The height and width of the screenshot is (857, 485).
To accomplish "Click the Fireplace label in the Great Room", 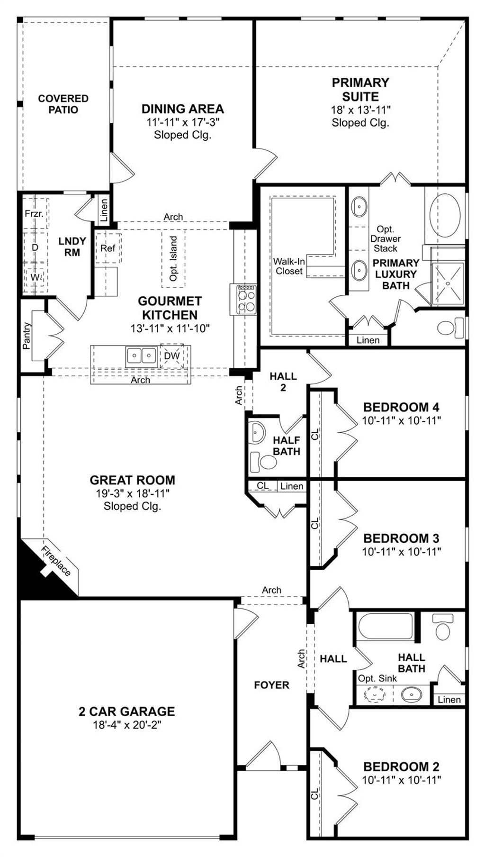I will point(56,561).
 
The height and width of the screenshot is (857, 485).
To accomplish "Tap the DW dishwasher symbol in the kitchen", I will point(172,356).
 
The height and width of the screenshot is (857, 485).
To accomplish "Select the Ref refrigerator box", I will point(108,248).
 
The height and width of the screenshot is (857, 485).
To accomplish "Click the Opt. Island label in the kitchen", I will point(173,259).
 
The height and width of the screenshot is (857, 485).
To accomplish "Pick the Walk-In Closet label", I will point(288,266).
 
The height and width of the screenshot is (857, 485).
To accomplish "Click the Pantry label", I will point(27,336).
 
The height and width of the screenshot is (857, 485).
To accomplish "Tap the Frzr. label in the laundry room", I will point(34,214).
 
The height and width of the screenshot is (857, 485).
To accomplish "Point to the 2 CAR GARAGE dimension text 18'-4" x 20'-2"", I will point(127,725).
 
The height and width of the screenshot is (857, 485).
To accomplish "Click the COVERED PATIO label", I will point(63,104).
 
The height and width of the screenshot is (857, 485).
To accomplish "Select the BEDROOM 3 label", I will point(401,538).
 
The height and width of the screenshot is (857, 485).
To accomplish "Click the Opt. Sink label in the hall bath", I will point(377,678).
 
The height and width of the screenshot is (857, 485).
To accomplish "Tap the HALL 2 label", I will point(283,382).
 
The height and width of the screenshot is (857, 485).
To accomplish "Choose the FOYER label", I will point(271,685).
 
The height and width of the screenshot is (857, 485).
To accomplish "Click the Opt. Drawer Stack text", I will point(385,239).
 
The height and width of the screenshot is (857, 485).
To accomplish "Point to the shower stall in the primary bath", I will point(448,283).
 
